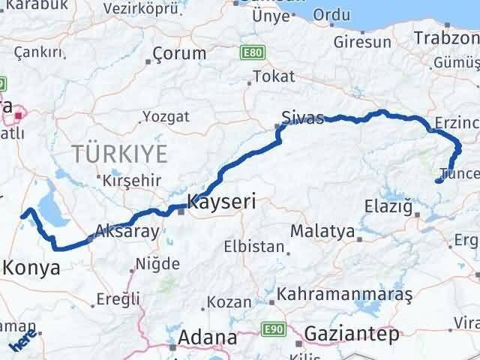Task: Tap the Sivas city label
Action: (303, 118)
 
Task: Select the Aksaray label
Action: (127, 231)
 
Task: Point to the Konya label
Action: (31, 268)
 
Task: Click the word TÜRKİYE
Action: (119, 154)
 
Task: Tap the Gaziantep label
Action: (352, 334)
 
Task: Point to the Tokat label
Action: (274, 76)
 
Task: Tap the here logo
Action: (22, 340)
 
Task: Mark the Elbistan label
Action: (254, 246)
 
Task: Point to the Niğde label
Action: (157, 264)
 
